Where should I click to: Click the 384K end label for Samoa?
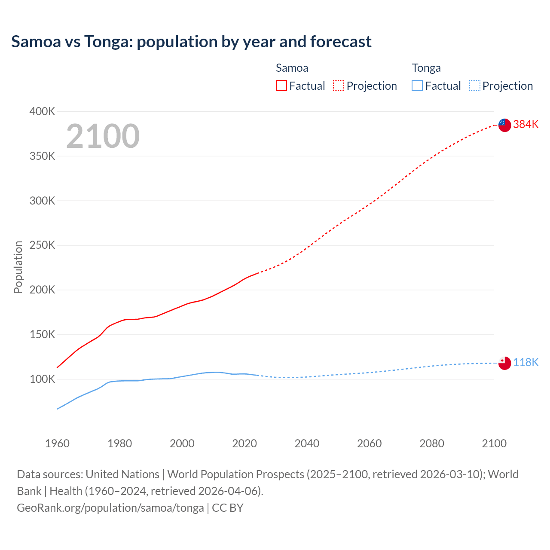(526, 124)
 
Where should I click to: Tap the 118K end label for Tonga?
(526, 362)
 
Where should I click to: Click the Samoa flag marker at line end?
(504, 125)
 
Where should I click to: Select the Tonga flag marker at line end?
(504, 363)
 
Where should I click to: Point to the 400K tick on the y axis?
(42, 111)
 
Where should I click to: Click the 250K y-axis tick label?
(42, 245)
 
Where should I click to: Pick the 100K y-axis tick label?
(42, 379)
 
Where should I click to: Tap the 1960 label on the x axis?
(57, 443)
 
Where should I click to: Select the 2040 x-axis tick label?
(307, 443)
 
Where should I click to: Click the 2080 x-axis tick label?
(431, 443)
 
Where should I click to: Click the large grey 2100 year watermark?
(103, 136)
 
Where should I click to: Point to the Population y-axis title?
(18, 267)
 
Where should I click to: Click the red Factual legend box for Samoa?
(281, 86)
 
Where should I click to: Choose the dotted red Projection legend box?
(339, 86)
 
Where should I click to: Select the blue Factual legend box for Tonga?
(417, 86)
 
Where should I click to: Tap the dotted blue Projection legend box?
(474, 86)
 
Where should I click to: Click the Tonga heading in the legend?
(426, 68)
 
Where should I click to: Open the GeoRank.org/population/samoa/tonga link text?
(110, 507)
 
